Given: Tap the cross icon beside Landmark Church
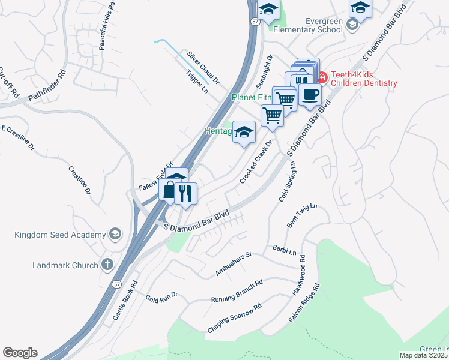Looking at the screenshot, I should click(x=107, y=264).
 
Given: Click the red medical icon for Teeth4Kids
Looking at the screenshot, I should click(x=321, y=77).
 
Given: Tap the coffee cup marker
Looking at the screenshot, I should click(x=310, y=95).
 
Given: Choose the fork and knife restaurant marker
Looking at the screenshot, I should click(x=186, y=193).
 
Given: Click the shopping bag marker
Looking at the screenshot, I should click(x=169, y=191).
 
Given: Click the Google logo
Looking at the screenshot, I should click(x=20, y=353).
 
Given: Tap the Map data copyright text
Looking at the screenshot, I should click(x=423, y=355).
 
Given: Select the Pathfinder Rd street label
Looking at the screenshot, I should click(x=46, y=86).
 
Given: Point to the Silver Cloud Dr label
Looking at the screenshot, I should click(x=203, y=67).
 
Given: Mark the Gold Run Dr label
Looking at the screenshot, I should click(x=162, y=296).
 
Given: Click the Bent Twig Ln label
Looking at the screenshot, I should click(x=301, y=215).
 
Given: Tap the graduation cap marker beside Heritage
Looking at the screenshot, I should click(x=244, y=132).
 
